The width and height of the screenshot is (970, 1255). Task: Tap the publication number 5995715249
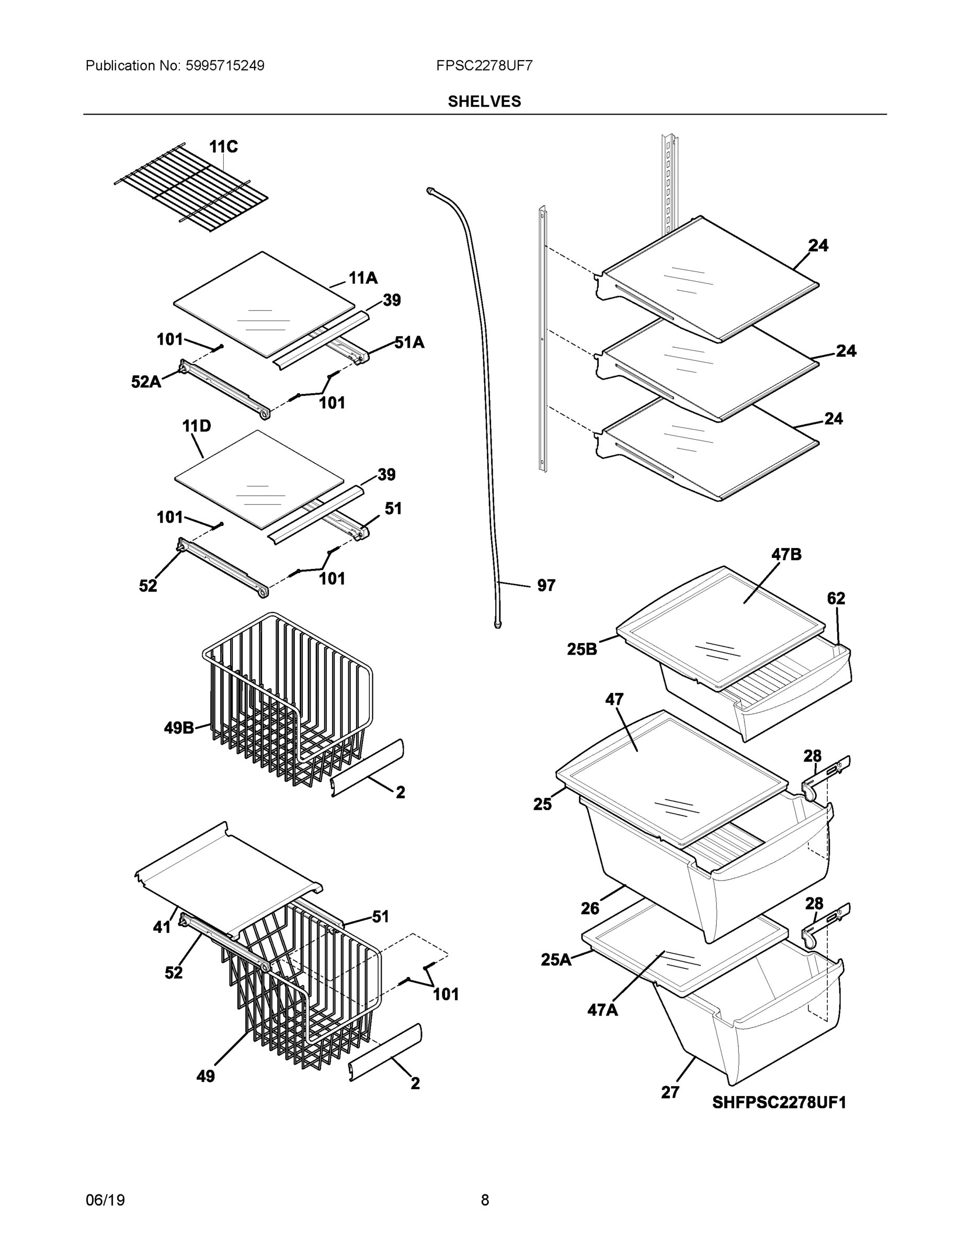point(225,65)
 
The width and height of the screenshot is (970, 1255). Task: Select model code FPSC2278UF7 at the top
point(484,65)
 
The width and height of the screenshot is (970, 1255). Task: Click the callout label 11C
point(223,147)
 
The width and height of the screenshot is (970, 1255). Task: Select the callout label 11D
point(196,426)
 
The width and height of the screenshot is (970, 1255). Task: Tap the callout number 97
point(546,585)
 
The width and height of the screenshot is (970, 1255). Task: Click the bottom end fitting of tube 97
point(498,623)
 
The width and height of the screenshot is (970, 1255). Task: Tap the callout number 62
point(836,598)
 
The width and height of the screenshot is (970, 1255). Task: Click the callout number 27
point(670,1092)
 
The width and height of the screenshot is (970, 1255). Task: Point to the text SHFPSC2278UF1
point(779,1102)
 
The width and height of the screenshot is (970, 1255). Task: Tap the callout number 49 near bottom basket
point(205,1076)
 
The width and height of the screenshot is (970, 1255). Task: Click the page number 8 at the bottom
point(484,1200)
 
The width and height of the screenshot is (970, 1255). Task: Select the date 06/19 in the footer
point(105,1200)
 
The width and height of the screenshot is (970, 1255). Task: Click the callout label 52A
point(146,382)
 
